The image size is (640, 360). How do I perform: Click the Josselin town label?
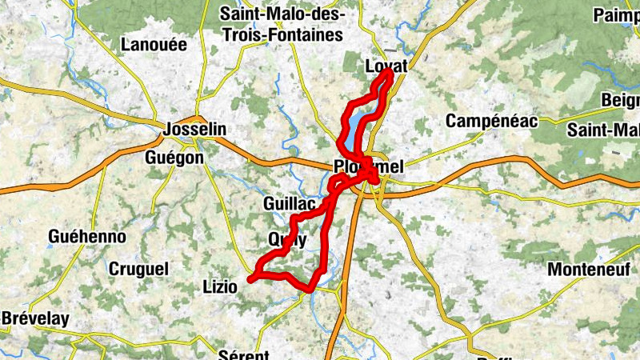click(x=194, y=129)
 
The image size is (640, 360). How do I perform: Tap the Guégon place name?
click(x=174, y=158)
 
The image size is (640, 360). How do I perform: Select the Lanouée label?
click(x=154, y=45)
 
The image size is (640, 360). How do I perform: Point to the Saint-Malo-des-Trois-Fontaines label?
click(x=282, y=25)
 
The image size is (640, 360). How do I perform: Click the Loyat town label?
click(x=385, y=67)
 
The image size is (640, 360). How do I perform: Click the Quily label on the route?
click(x=287, y=238)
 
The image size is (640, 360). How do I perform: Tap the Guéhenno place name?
click(x=86, y=237)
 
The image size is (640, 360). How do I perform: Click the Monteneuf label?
click(x=589, y=270)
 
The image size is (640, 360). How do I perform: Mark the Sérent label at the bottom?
click(x=243, y=354)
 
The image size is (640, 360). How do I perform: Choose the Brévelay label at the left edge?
click(x=34, y=318)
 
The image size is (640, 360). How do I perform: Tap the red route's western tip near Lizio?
click(x=250, y=279)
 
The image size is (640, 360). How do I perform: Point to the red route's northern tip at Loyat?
click(x=390, y=71)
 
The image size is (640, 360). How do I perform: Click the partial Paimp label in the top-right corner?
click(x=616, y=15)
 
